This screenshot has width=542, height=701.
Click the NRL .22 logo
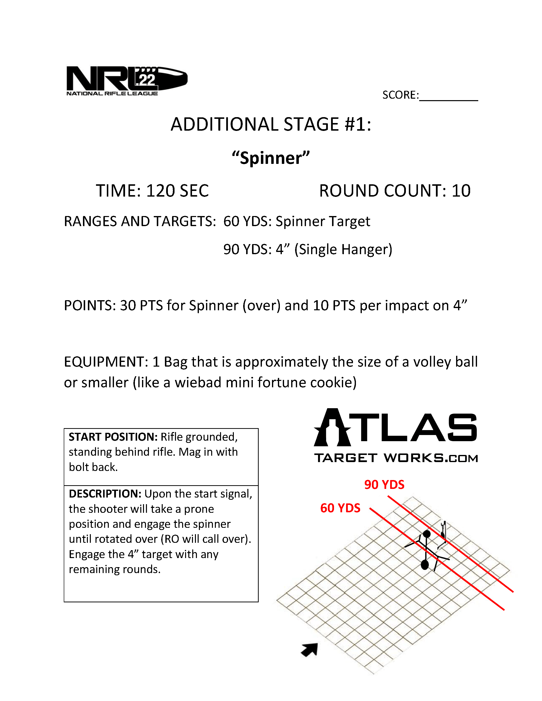[127, 80]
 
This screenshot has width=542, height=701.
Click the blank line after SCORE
[448, 96]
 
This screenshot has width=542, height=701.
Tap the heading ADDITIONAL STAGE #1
[271, 124]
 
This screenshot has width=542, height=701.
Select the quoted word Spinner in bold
[271, 158]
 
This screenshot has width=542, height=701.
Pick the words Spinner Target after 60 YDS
[323, 221]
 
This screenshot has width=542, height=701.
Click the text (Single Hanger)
[343, 249]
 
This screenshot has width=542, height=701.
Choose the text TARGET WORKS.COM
[396, 458]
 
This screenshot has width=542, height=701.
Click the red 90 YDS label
[384, 485]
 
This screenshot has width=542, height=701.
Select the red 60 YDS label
[340, 508]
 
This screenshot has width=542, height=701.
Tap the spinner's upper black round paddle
[426, 534]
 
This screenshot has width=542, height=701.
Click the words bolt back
[93, 467]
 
